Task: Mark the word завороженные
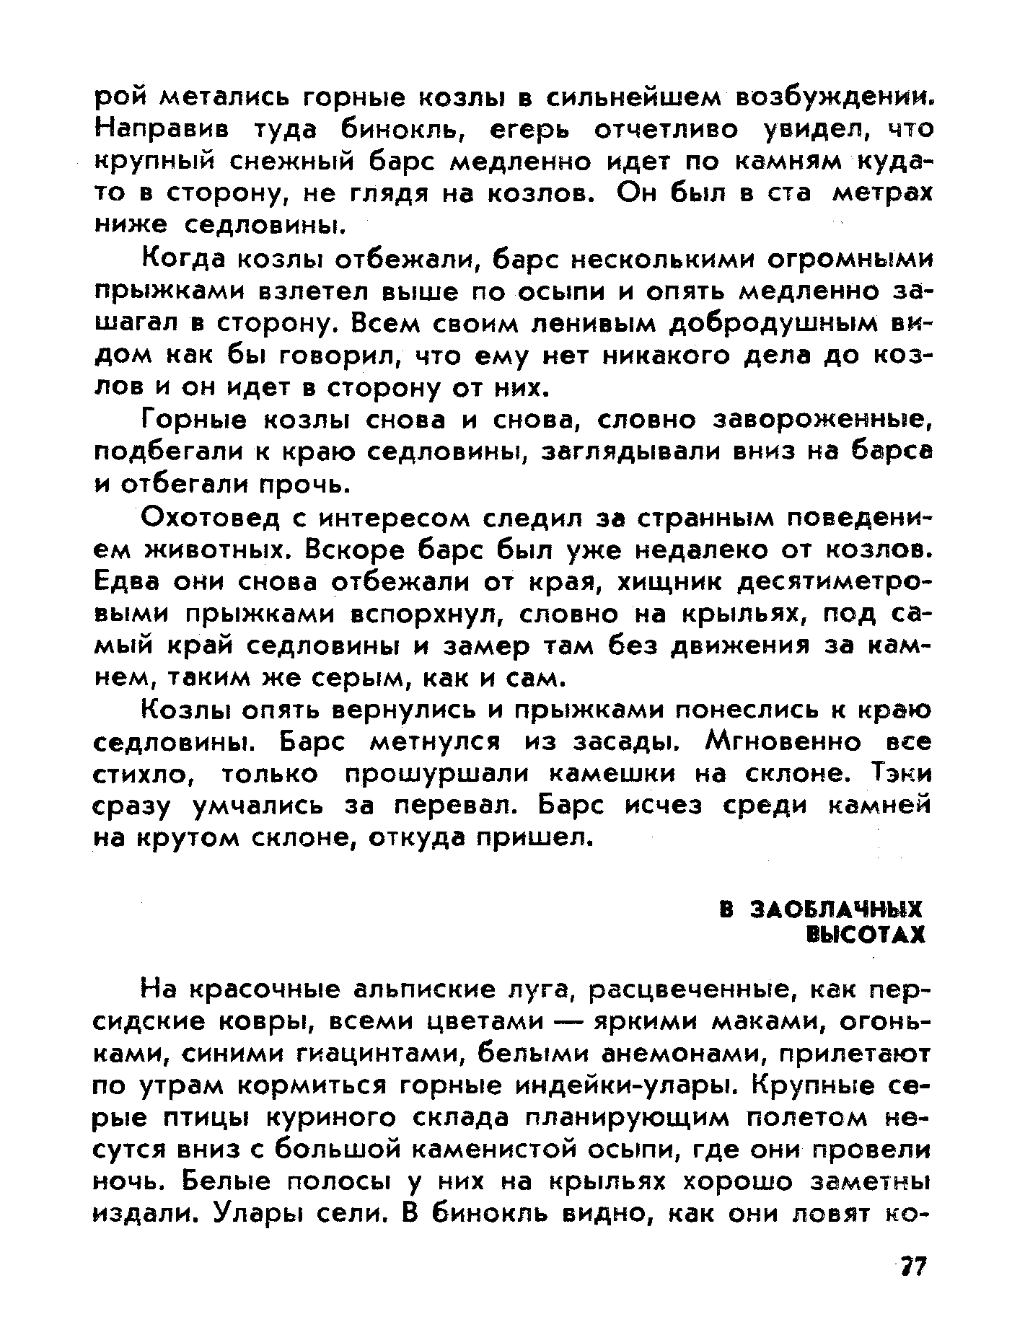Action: pos(823,420)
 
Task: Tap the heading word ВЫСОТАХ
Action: pos(864,936)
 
